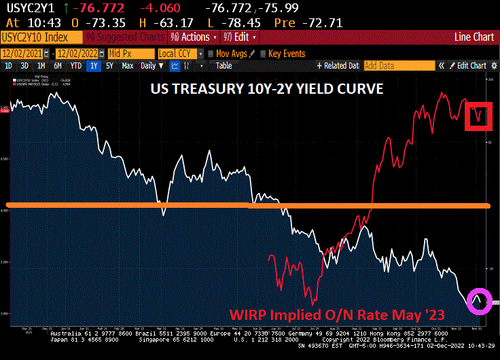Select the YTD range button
click(75, 66)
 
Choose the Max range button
click(127, 66)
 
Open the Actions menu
click(194, 37)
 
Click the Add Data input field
click(398, 66)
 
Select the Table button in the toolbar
click(224, 66)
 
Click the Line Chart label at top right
click(475, 37)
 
